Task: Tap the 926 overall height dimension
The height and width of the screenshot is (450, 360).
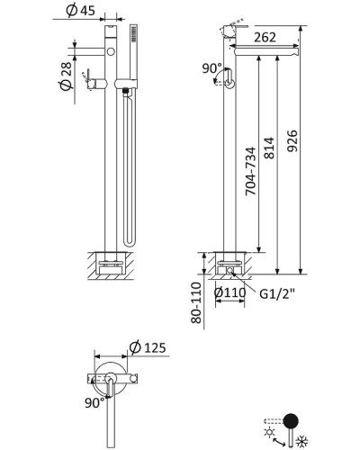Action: coord(303,139)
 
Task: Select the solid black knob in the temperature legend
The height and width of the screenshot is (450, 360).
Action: coord(292,420)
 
